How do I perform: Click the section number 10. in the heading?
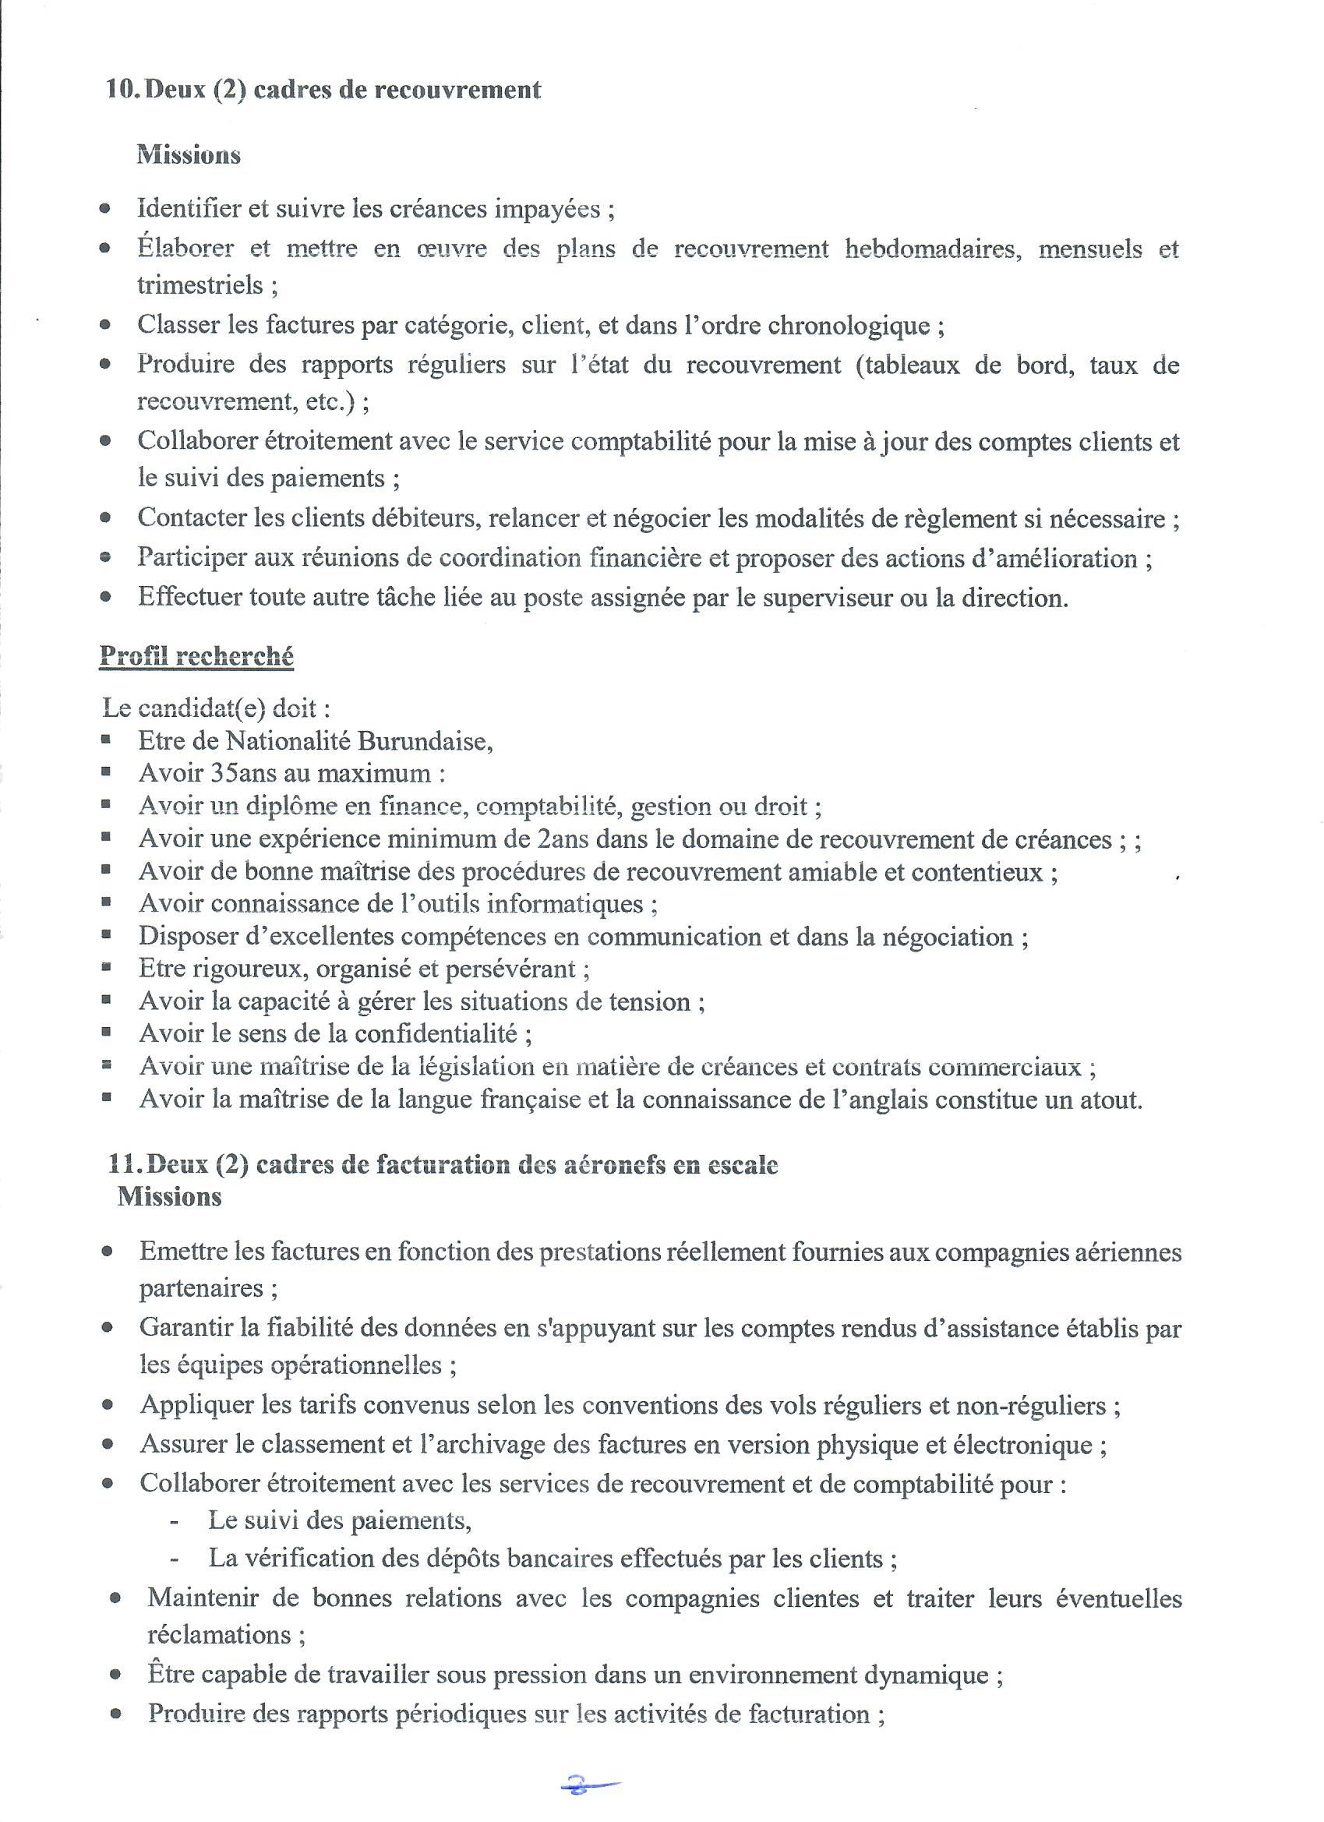pos(124,89)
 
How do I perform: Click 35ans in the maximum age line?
pos(241,773)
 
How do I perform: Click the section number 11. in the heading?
pos(126,1165)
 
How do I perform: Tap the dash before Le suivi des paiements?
pos(175,1520)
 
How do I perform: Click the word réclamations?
pos(218,1635)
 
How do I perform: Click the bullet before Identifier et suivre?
pos(105,209)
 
